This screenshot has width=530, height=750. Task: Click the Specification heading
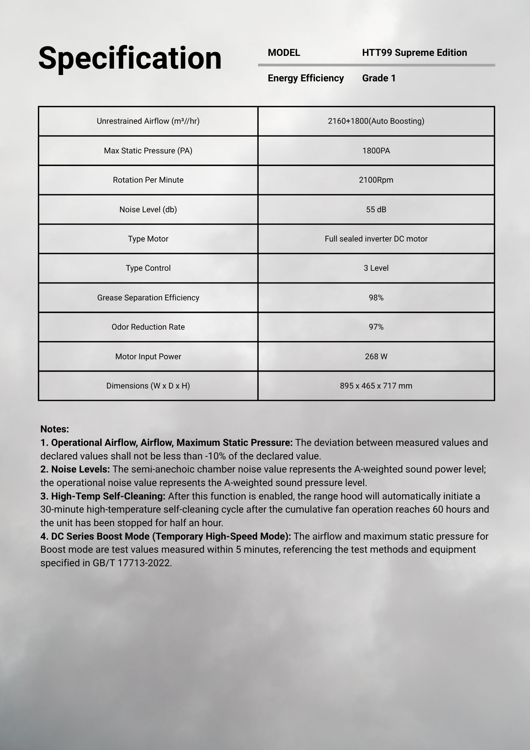click(x=130, y=58)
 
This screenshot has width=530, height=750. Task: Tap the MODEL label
click(x=284, y=53)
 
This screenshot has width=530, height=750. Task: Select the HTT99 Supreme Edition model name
click(x=414, y=53)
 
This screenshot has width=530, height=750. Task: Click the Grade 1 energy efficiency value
click(x=379, y=78)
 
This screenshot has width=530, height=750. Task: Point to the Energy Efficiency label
click(x=305, y=78)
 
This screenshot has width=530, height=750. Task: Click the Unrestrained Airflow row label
click(x=148, y=121)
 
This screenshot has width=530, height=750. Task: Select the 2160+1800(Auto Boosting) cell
click(x=376, y=121)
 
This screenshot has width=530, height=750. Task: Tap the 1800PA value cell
click(x=376, y=151)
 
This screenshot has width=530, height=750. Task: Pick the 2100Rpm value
click(x=376, y=180)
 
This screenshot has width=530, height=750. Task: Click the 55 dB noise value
click(x=376, y=210)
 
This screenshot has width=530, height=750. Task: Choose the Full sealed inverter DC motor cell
click(x=376, y=239)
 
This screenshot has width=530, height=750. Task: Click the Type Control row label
click(x=148, y=268)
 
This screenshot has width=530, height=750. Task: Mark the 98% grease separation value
click(x=376, y=298)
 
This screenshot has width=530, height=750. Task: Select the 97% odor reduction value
click(x=376, y=327)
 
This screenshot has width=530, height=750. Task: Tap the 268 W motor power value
click(x=376, y=357)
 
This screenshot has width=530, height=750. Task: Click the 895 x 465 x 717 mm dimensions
click(x=376, y=386)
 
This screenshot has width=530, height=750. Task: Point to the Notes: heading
click(x=55, y=429)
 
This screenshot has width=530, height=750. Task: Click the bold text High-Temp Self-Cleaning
click(x=108, y=496)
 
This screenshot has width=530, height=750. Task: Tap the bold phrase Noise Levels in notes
click(x=80, y=469)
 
